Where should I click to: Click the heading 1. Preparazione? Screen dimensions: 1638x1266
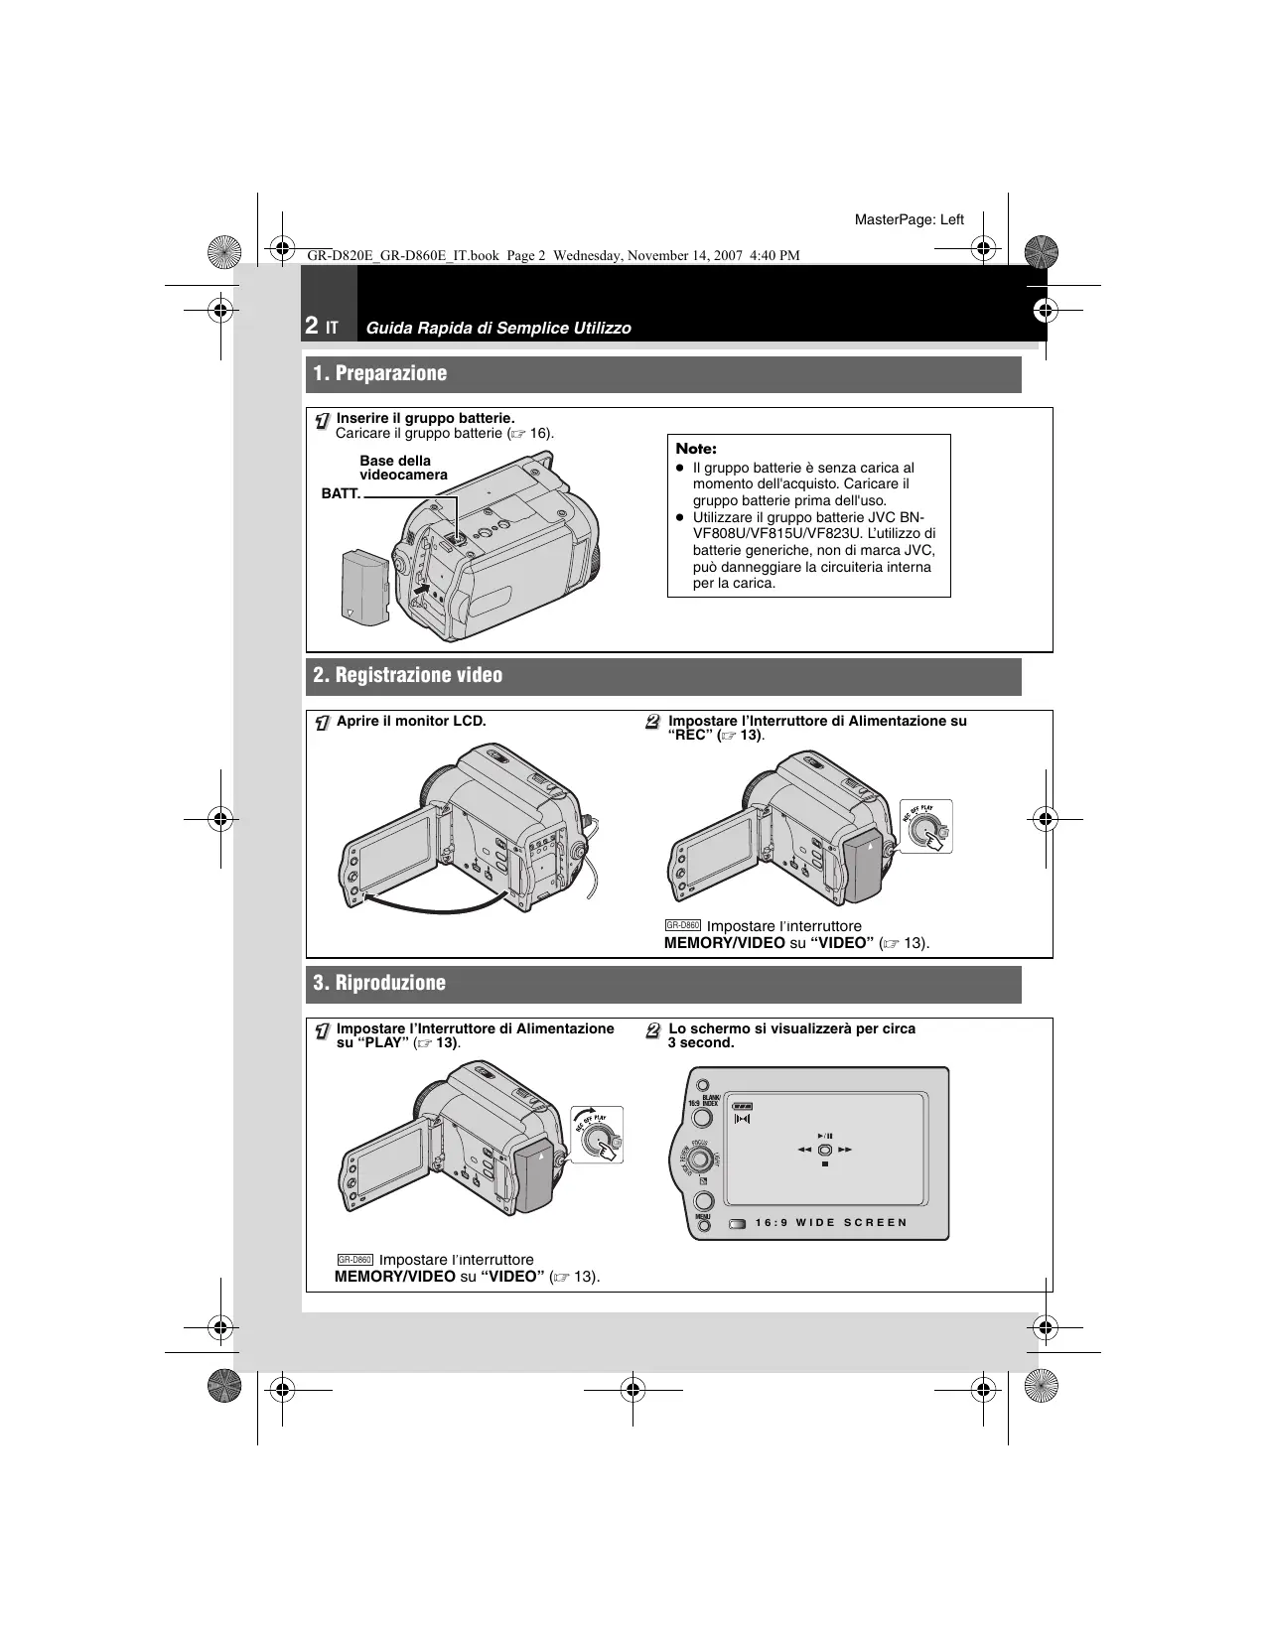pyautogui.click(x=380, y=374)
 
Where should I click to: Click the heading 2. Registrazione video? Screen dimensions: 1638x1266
pyautogui.click(x=407, y=676)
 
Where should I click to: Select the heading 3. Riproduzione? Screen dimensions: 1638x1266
pyautogui.click(x=379, y=984)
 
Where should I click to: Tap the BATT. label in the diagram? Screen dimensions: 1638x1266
pyautogui.click(x=341, y=493)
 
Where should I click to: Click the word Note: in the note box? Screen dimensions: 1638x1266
pyautogui.click(x=695, y=449)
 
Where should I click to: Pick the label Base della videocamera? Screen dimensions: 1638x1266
pyautogui.click(x=403, y=468)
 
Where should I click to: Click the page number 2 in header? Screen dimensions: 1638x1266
pyautogui.click(x=312, y=326)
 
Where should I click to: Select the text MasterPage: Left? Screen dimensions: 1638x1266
pyautogui.click(x=910, y=219)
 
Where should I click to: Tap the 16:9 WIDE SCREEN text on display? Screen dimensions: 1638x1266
pyautogui.click(x=831, y=1222)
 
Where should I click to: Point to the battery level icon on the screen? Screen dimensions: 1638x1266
pyautogui.click(x=743, y=1106)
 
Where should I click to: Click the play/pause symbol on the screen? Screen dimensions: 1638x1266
pyautogui.click(x=825, y=1136)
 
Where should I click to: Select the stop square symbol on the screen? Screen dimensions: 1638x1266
pyautogui.click(x=824, y=1164)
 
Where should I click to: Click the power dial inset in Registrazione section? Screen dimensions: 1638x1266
pyautogui.click(x=926, y=829)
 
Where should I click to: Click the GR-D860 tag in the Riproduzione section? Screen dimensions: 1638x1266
pyautogui.click(x=354, y=1260)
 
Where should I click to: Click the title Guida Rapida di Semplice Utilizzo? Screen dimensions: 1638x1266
pyautogui.click(x=497, y=328)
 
